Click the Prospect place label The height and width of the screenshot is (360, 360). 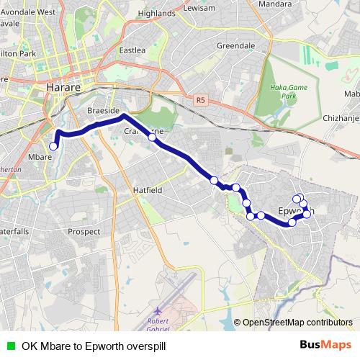(x=84, y=232)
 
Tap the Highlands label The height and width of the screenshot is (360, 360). (x=157, y=13)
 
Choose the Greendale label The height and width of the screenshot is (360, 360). (x=235, y=45)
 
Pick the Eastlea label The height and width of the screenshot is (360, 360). (x=132, y=50)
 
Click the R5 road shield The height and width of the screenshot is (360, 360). (x=199, y=102)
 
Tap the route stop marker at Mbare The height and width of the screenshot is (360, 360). (x=53, y=146)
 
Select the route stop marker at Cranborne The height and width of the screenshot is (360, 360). (x=151, y=137)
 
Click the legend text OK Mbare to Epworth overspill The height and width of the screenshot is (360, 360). (x=94, y=345)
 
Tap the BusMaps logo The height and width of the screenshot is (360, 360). (x=325, y=344)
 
